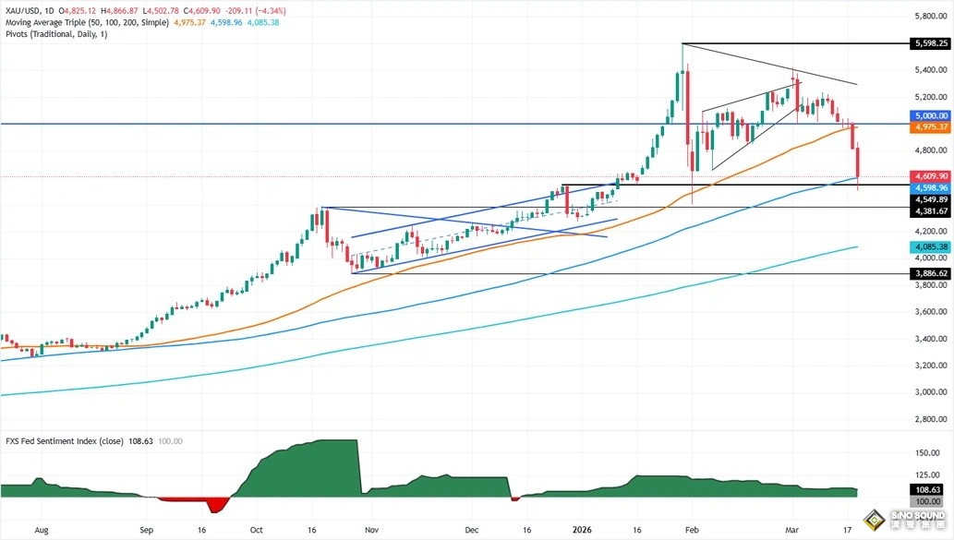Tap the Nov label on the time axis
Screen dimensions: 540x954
click(371, 531)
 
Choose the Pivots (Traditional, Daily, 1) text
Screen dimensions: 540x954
click(55, 34)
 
